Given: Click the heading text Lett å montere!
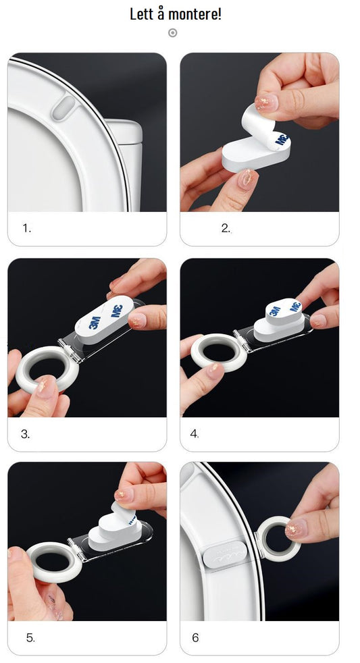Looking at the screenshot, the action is (175, 14).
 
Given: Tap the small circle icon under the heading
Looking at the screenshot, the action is (173, 32).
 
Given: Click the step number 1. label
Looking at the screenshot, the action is (27, 228).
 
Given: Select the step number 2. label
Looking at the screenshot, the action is (226, 228).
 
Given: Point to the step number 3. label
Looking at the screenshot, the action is (26, 434).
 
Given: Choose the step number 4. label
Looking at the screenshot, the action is (195, 434).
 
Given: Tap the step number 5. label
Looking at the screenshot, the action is (30, 638).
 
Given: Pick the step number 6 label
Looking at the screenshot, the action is (195, 637).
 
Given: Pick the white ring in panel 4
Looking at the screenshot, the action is (219, 353).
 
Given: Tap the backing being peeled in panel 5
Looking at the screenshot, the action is (124, 512).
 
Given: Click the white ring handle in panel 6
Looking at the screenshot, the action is (278, 539).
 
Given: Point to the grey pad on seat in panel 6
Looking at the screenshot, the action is (225, 554).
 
